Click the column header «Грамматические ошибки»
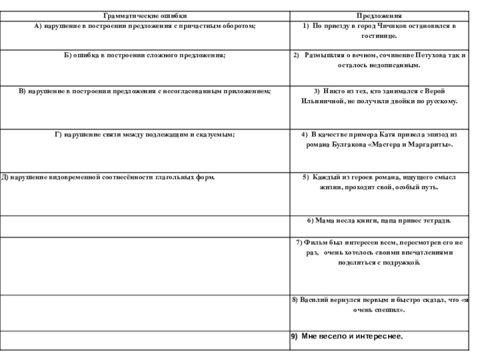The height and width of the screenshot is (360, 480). click(x=145, y=14)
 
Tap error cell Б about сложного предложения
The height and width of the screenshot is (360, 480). click(x=145, y=55)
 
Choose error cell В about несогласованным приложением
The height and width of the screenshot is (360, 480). click(x=145, y=91)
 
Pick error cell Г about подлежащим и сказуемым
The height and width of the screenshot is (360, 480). click(x=145, y=135)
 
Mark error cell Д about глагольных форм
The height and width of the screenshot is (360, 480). click(x=109, y=178)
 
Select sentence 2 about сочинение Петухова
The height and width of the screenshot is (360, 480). click(x=379, y=60)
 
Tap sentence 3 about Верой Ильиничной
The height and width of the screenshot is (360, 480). click(x=380, y=96)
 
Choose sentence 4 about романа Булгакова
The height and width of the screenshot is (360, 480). click(x=379, y=140)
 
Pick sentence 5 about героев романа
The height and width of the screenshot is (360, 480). click(x=380, y=182)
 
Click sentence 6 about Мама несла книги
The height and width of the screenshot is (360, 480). click(x=379, y=221)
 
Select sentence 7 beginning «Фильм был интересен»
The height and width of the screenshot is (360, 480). click(x=380, y=252)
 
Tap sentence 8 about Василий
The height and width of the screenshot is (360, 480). click(x=380, y=304)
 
